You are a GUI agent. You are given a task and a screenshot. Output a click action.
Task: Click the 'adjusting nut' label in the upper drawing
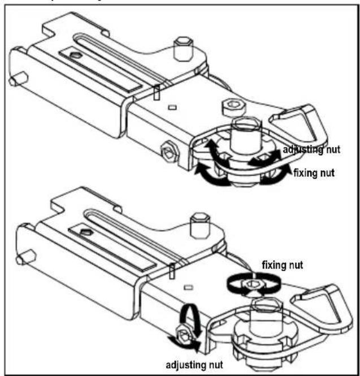(311, 150)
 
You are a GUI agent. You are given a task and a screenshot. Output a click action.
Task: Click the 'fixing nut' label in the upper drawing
(314, 172)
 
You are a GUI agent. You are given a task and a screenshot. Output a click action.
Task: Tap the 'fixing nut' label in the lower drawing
(283, 265)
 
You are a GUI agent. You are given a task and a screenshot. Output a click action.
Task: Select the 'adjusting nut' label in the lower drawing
(194, 365)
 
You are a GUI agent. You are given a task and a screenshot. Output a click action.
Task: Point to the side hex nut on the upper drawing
(169, 153)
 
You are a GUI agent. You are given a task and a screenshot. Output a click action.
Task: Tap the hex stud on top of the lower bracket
(200, 226)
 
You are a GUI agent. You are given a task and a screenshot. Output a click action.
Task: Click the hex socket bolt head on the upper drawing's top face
(234, 107)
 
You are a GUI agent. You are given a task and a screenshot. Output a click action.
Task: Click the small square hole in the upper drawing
(172, 107)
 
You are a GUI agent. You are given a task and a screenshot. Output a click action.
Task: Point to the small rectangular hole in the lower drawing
(188, 287)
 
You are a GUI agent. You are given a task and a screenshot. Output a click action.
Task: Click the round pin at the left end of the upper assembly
(18, 79)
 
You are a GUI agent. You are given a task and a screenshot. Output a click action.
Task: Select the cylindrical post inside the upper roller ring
(246, 136)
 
